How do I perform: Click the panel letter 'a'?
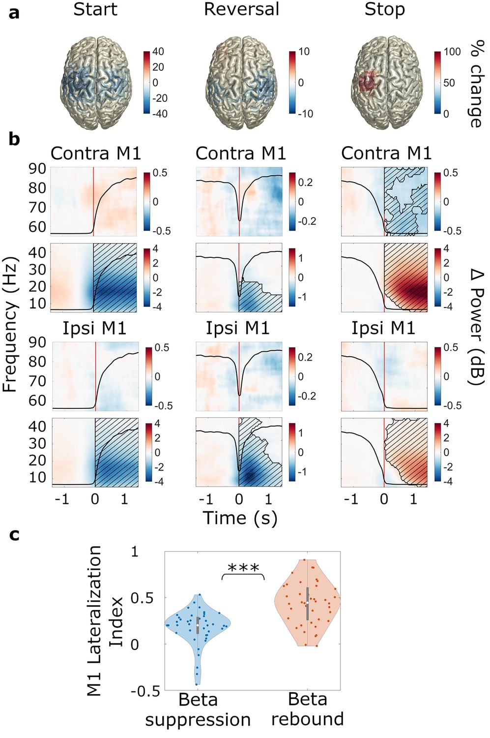14,14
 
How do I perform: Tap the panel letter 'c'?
14,535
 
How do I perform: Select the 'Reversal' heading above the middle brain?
241,9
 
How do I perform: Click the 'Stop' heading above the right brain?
384,10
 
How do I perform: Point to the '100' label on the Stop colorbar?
451,52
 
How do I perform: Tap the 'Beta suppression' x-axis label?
198,711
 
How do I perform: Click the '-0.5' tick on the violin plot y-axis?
145,691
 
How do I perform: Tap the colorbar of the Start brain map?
147,82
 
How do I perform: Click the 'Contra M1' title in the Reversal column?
241,153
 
